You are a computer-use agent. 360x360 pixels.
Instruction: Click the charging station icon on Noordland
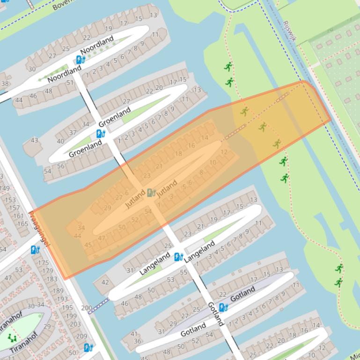click(81, 60)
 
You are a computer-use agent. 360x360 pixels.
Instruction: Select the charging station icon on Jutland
click(151, 193)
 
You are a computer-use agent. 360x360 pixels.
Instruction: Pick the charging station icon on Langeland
click(178, 257)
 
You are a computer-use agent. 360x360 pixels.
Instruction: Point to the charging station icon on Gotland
click(223, 308)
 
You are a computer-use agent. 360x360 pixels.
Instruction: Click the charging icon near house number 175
click(35, 250)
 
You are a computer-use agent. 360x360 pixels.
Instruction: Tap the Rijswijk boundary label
click(289, 31)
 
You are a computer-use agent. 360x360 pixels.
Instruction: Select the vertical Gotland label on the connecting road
click(216, 314)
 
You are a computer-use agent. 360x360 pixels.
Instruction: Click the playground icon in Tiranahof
click(12, 338)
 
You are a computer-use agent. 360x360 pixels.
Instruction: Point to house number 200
click(87, 308)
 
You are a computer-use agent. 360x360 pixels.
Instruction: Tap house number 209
click(81, 336)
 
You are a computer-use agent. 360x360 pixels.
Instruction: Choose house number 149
click(4, 188)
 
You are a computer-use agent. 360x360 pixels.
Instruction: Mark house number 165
click(22, 224)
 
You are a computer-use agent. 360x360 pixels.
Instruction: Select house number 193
click(62, 299)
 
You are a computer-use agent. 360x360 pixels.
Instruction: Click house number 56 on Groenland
click(61, 166)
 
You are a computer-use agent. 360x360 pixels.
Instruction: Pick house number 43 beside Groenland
click(34, 140)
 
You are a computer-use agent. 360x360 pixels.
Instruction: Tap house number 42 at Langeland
click(105, 282)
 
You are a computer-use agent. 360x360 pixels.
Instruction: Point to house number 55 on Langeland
click(184, 272)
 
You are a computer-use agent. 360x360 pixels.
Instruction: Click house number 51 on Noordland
click(70, 83)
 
